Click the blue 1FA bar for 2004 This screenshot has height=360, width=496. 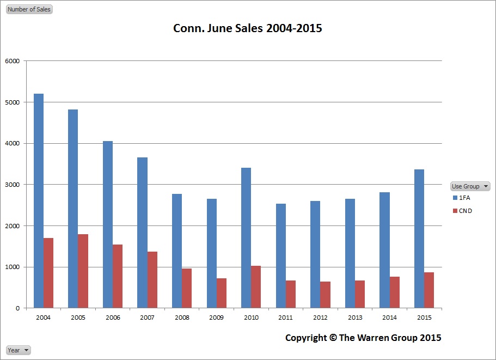coord(39,201)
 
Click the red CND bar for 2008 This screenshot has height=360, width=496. coord(187,288)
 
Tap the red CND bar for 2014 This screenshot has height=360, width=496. coord(395,292)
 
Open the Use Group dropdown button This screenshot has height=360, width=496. coord(470,186)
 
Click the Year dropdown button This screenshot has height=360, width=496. coord(19,350)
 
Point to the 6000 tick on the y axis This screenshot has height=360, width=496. coord(13,61)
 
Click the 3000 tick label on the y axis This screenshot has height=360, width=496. coord(13,185)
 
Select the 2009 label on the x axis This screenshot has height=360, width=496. coord(217,317)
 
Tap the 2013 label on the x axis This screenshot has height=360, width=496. coord(355,317)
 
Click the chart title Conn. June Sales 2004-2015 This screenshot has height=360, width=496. coord(248,28)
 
